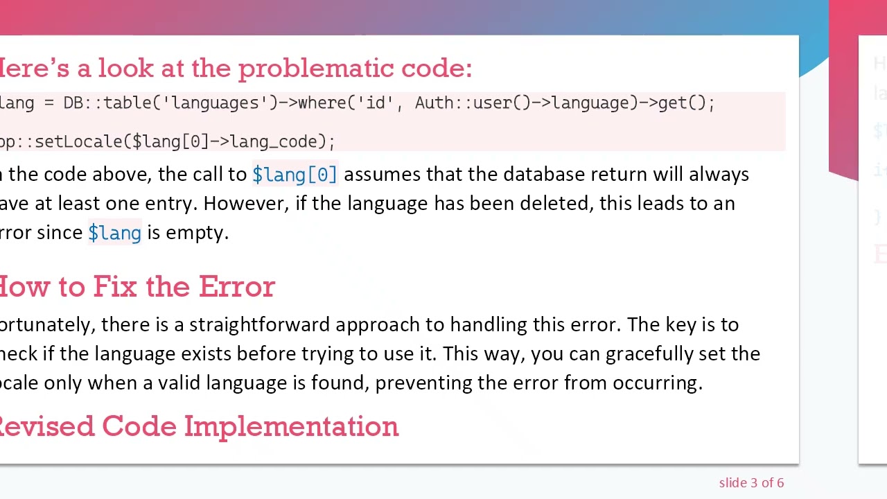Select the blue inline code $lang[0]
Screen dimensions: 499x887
295,175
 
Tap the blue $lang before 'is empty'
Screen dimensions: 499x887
114,233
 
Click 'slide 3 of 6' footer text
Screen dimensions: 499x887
751,483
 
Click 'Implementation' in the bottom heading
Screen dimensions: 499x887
291,427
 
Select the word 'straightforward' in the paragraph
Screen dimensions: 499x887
259,325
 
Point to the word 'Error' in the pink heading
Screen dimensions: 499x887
236,287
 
